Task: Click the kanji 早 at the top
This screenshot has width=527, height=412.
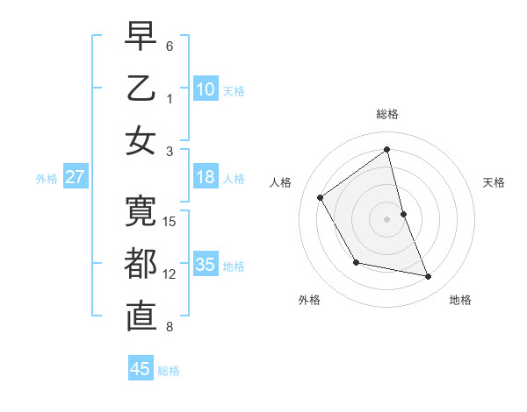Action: point(141,38)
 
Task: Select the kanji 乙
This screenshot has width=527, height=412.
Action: point(141,89)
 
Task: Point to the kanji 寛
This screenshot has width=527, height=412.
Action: point(141,210)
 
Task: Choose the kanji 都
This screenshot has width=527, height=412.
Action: point(141,264)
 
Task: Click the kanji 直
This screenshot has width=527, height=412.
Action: point(141,316)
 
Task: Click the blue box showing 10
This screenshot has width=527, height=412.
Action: point(206,89)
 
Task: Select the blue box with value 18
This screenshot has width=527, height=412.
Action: point(206,177)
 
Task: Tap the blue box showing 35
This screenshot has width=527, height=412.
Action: point(206,264)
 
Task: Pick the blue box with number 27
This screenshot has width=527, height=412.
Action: point(76,177)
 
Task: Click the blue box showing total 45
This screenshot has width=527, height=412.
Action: point(141,369)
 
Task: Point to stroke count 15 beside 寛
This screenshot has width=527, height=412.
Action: point(170,221)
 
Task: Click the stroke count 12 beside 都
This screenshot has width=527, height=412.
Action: point(170,274)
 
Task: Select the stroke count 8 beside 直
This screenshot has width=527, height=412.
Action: point(170,328)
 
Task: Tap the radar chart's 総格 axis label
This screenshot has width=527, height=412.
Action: point(387,114)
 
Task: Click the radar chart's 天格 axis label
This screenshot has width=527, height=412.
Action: point(495,182)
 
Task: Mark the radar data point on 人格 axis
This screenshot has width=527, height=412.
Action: point(321,197)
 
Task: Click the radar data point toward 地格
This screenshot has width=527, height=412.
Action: point(429,276)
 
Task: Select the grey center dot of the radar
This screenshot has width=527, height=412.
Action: point(387,218)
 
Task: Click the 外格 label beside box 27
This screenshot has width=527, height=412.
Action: point(47,178)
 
